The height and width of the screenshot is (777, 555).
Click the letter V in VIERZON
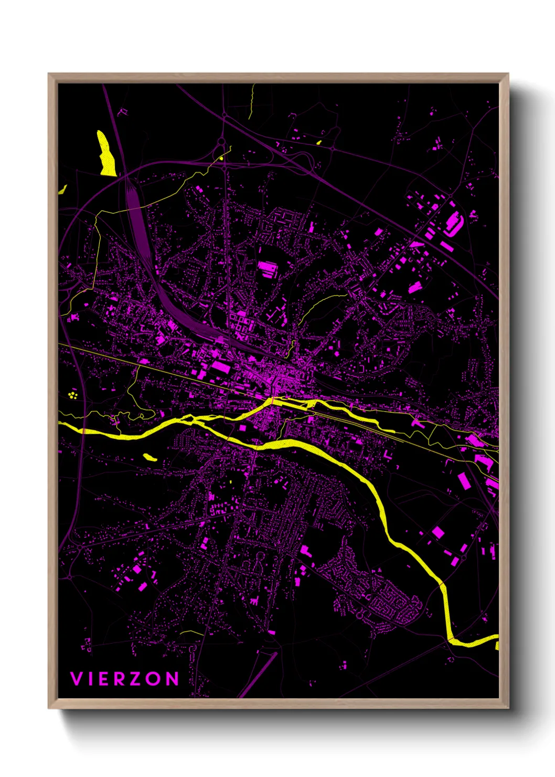(76, 679)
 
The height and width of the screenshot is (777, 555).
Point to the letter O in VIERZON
(154, 679)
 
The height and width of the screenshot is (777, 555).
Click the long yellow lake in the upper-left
(106, 153)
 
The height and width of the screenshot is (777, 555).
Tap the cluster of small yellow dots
(73, 394)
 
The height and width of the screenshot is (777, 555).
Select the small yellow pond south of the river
(150, 457)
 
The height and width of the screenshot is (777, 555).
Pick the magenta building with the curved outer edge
(453, 223)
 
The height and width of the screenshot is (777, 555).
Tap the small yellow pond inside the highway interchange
(221, 157)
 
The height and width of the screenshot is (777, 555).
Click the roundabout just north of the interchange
(221, 141)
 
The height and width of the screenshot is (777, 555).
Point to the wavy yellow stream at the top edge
(252, 102)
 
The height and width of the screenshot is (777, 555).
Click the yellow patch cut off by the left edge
(62, 189)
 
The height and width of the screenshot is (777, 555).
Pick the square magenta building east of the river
(437, 532)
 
